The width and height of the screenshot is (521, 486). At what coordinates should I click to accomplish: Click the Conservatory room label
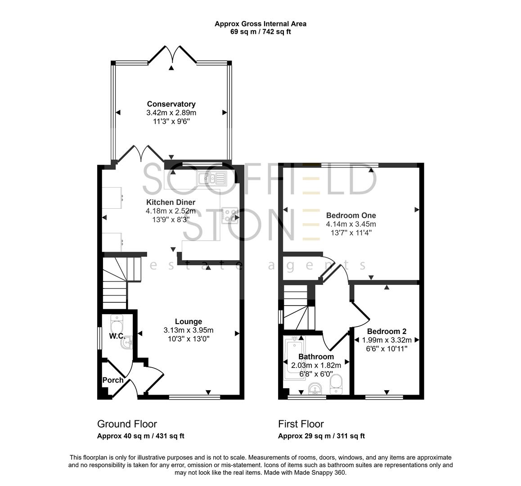click(171, 104)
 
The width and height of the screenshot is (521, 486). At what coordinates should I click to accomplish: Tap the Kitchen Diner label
click(171, 202)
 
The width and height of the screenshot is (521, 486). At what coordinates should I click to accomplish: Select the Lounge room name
click(188, 321)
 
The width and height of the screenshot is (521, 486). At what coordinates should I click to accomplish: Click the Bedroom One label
click(351, 215)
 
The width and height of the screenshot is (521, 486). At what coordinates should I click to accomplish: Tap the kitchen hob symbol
click(230, 215)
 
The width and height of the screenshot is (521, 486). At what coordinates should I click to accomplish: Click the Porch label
click(113, 380)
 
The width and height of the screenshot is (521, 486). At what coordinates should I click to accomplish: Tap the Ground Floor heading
click(127, 424)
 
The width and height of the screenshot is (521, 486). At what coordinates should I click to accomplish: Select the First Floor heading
click(301, 424)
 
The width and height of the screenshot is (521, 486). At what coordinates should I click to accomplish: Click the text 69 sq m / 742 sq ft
click(260, 31)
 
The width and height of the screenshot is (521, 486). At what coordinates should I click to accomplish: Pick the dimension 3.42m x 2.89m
click(171, 112)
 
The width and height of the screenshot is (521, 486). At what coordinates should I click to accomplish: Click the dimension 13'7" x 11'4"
click(351, 232)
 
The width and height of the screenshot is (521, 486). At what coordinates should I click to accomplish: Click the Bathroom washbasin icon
click(315, 388)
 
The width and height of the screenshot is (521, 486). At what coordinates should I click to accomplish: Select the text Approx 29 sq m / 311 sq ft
click(321, 436)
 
